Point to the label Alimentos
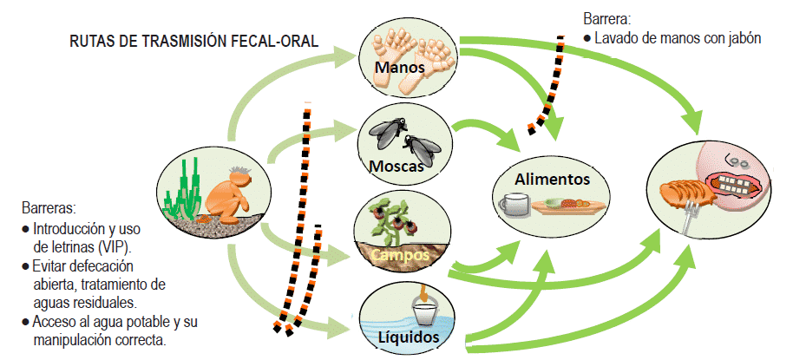(552, 180)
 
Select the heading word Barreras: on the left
(49, 209)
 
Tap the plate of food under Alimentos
(567, 206)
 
